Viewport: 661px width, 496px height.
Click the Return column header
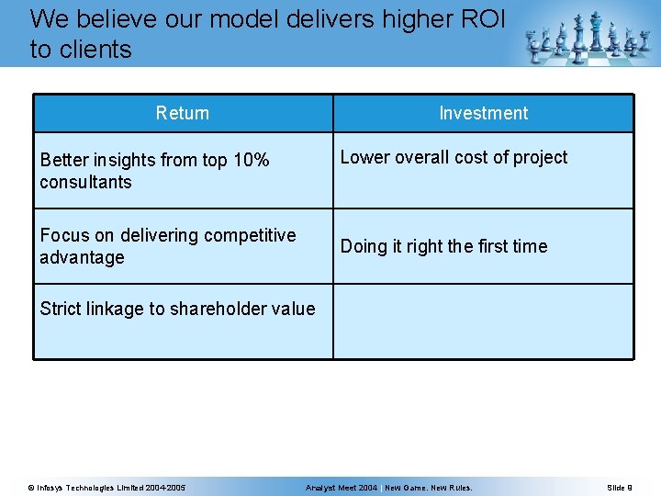(182, 114)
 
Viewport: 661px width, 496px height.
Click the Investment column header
(483, 114)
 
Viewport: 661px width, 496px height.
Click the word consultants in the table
(85, 183)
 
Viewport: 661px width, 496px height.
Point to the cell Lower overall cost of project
(454, 158)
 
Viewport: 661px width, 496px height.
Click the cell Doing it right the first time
(443, 246)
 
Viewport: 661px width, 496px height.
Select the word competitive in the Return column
(248, 236)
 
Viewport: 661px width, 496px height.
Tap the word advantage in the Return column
(82, 258)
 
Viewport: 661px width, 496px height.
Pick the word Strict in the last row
(60, 310)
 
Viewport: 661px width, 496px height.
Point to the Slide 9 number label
(620, 487)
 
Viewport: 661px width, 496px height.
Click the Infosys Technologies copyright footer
(106, 487)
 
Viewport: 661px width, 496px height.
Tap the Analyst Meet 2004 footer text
(342, 487)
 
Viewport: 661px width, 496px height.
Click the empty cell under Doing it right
(483, 321)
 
